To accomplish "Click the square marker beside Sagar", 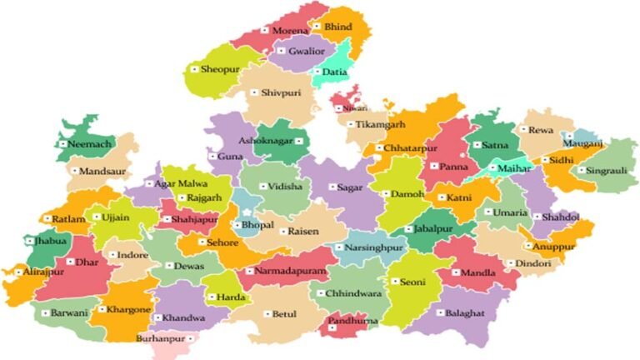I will pyautogui.click(x=331, y=187).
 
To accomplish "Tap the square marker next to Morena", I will pyautogui.click(x=266, y=30).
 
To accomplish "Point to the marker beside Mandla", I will pyautogui.click(x=454, y=272).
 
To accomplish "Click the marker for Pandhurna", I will pyautogui.click(x=332, y=321).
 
